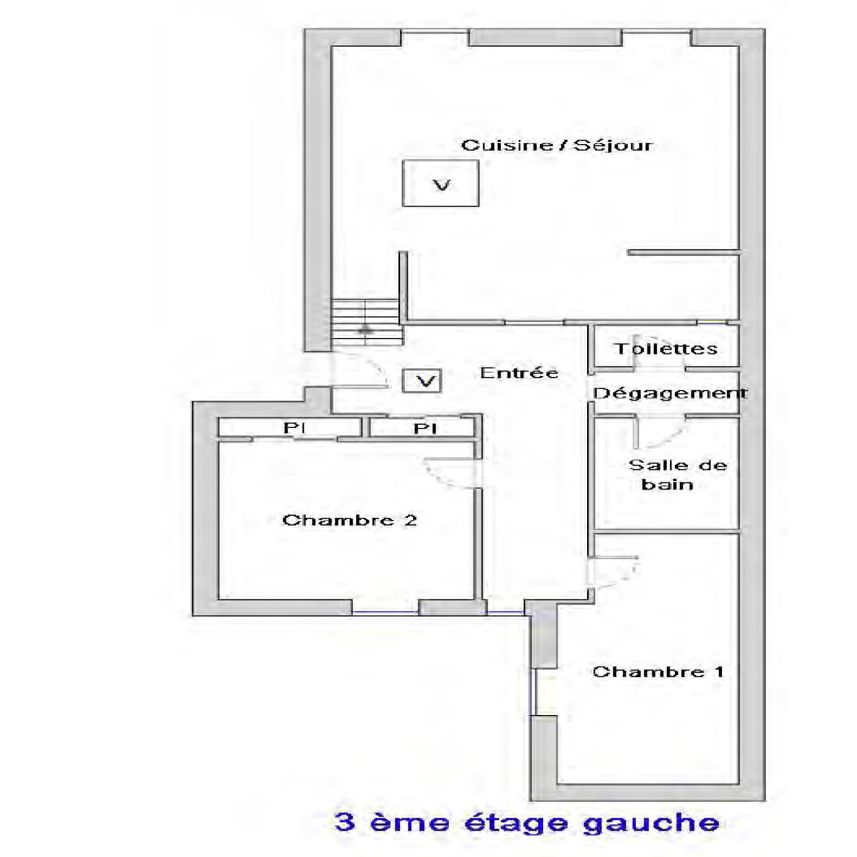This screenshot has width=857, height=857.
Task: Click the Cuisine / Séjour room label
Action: click(557, 145)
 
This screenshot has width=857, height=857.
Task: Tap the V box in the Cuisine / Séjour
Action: click(441, 183)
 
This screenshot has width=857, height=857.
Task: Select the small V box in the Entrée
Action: click(423, 381)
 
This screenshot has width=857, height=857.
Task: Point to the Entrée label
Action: click(519, 372)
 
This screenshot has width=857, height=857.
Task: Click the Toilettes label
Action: click(666, 349)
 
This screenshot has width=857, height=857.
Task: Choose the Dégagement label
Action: click(670, 393)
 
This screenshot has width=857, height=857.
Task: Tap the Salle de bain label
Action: click(678, 475)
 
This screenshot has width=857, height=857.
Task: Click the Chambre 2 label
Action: click(349, 520)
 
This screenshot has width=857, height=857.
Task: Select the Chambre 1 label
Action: click(658, 672)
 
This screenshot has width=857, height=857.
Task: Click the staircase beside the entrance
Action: click(367, 322)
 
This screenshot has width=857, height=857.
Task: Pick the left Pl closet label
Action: click(294, 428)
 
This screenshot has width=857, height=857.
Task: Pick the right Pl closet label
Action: click(425, 428)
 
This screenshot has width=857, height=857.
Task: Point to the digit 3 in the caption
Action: click(345, 822)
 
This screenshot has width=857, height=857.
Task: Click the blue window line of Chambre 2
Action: click(385, 612)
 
